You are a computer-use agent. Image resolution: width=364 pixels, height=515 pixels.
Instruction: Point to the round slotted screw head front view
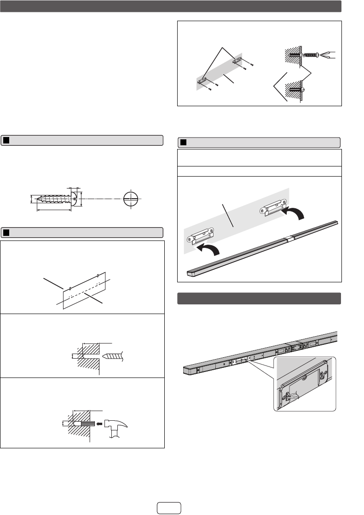(x=131, y=200)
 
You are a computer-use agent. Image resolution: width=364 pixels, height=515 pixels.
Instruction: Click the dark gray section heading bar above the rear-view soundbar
(x=259, y=298)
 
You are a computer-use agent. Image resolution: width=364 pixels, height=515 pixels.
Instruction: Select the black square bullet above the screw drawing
(x=6, y=140)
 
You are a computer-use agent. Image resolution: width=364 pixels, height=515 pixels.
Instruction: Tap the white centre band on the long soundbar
(x=289, y=240)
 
